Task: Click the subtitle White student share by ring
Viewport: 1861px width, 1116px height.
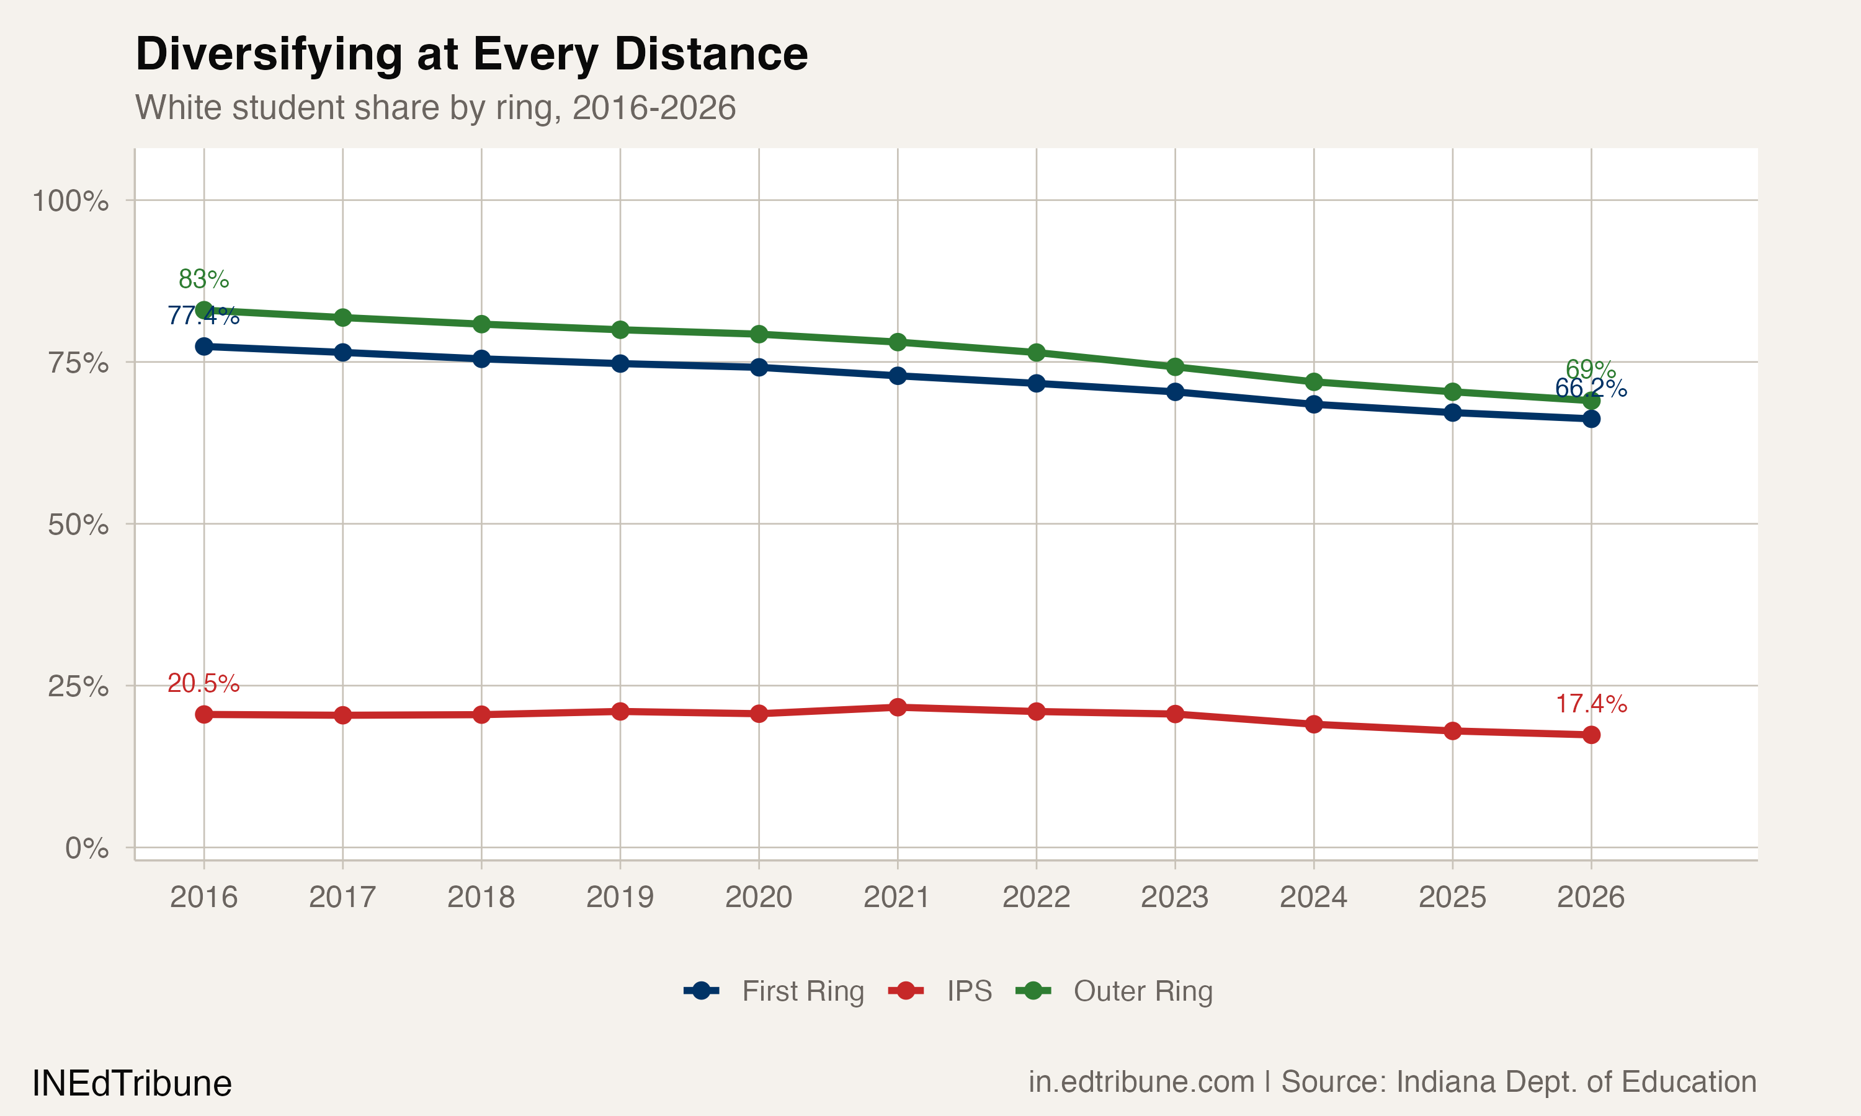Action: coord(435,107)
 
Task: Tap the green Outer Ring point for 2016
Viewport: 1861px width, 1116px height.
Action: coord(204,310)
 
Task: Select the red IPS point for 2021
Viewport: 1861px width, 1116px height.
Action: coord(898,707)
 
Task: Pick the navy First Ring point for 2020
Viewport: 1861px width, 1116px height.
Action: coord(759,367)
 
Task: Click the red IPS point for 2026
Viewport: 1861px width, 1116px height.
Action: coord(1591,735)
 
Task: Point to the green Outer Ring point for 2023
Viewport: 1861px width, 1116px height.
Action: coord(1175,367)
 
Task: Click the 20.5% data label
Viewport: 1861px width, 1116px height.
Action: coord(203,684)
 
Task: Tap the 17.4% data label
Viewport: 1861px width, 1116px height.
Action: coord(1591,704)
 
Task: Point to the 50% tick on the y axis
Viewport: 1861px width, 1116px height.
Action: coord(78,524)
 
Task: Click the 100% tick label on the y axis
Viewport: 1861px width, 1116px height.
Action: coord(70,201)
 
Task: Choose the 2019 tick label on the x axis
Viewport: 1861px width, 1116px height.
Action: coord(620,897)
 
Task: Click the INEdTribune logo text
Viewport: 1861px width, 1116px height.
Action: coord(132,1084)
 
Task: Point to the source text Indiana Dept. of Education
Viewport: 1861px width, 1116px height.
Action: coord(1576,1081)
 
